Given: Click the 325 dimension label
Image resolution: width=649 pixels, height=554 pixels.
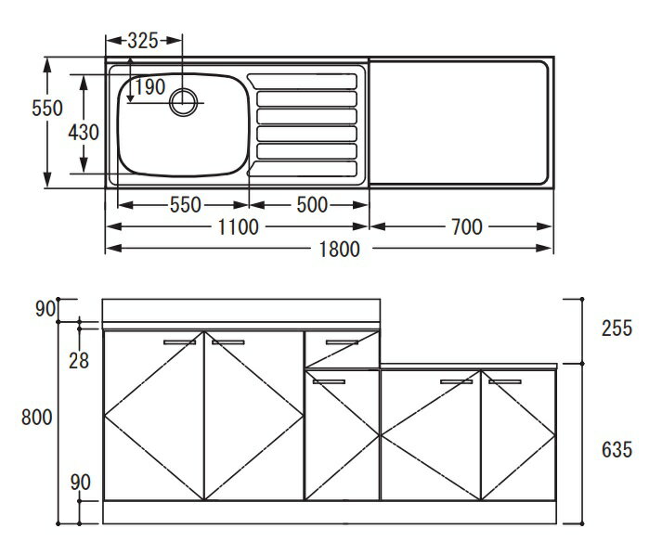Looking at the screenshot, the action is click(143, 41).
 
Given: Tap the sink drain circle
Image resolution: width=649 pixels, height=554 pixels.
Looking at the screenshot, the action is click(183, 102).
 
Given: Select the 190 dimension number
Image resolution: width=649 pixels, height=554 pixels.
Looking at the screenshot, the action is click(149, 87).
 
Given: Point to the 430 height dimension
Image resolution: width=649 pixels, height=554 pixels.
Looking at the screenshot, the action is click(84, 133).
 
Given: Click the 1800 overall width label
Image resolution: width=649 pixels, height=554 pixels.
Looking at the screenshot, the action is click(340, 250).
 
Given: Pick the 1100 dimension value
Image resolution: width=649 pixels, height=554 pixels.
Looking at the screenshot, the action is click(238, 227).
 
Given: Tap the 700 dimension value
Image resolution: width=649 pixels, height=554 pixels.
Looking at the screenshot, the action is click(467, 227).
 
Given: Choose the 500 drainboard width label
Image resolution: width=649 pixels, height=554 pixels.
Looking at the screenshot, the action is click(312, 205).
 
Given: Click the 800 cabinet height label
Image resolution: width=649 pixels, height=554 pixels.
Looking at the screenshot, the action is click(37, 417).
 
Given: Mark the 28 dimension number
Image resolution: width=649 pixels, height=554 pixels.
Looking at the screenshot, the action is click(79, 361).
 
